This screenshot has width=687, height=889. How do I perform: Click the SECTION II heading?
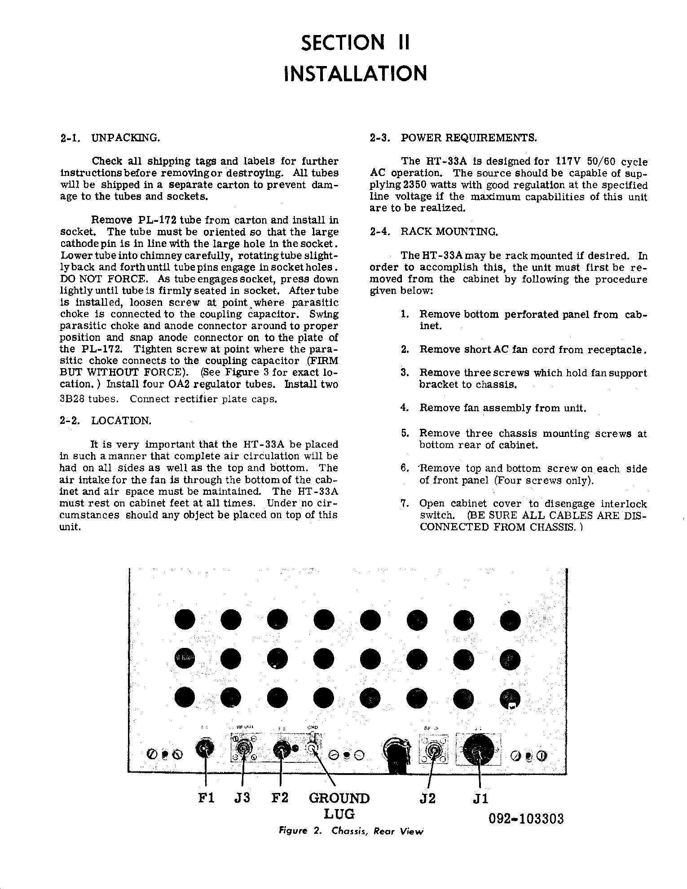coord(355,43)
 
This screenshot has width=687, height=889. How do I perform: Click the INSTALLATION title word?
coord(355,74)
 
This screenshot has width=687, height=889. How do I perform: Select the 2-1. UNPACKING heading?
coord(110,137)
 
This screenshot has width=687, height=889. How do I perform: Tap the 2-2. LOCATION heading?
coord(106,421)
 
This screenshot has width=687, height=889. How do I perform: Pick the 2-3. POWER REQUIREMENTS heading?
coord(453,137)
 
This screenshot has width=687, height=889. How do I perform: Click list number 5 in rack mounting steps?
coord(405,433)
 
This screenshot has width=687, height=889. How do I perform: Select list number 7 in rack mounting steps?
coord(405,504)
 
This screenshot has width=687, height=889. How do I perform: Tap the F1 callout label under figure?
coord(207,798)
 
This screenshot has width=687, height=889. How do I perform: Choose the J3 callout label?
coord(242,798)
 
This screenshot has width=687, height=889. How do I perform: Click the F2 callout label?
coord(280,798)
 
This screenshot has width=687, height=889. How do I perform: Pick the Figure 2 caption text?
coord(351,831)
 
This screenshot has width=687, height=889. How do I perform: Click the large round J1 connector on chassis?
coord(478,750)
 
